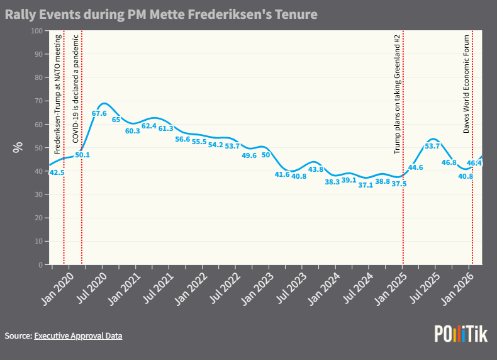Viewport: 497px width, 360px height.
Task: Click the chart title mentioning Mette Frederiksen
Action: [161, 13]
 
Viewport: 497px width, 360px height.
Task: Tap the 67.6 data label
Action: [99, 114]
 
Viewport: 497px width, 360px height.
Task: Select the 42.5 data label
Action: [57, 172]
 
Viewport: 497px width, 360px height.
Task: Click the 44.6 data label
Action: [416, 167]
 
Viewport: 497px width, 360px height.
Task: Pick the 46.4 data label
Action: [474, 163]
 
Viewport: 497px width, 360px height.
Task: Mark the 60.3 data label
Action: [133, 131]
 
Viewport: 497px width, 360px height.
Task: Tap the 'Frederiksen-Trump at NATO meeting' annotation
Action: [58, 94]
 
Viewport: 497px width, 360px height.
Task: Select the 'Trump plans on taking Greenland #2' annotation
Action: [397, 94]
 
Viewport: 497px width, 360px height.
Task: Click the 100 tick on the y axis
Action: [36, 31]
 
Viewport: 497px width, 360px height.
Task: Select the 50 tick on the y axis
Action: [38, 148]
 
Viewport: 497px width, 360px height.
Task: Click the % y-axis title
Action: [17, 148]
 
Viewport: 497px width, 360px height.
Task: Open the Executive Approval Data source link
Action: [78, 336]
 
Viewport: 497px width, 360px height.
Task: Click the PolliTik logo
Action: [461, 334]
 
